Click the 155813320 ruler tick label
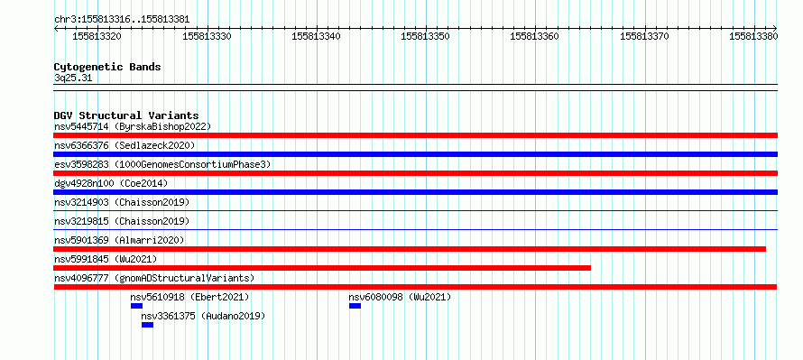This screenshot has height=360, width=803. [x=97, y=36]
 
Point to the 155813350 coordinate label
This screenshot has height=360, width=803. [x=426, y=36]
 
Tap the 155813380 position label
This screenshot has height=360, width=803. [x=753, y=36]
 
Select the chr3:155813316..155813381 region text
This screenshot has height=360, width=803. [x=122, y=20]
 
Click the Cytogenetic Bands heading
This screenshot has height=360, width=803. [x=107, y=67]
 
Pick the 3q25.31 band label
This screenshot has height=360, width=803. [x=73, y=78]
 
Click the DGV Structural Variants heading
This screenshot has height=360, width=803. [x=126, y=115]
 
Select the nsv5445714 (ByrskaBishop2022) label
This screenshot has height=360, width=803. [x=133, y=126]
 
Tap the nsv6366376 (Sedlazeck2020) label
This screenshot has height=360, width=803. [x=125, y=145]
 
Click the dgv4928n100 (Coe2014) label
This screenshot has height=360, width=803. [x=111, y=183]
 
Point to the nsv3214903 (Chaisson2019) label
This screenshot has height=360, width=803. [x=122, y=202]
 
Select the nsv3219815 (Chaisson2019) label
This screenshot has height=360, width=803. [x=122, y=221]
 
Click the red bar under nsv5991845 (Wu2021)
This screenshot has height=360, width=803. [x=322, y=268]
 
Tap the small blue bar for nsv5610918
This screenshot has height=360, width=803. [x=136, y=306]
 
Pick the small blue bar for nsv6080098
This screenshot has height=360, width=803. [x=355, y=306]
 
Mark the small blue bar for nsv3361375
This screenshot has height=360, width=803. [x=147, y=325]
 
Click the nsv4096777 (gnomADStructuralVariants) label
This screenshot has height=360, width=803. [x=154, y=278]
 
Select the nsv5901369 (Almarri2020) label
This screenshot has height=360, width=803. [x=119, y=240]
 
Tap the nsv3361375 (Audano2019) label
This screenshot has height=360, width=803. [x=203, y=316]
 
